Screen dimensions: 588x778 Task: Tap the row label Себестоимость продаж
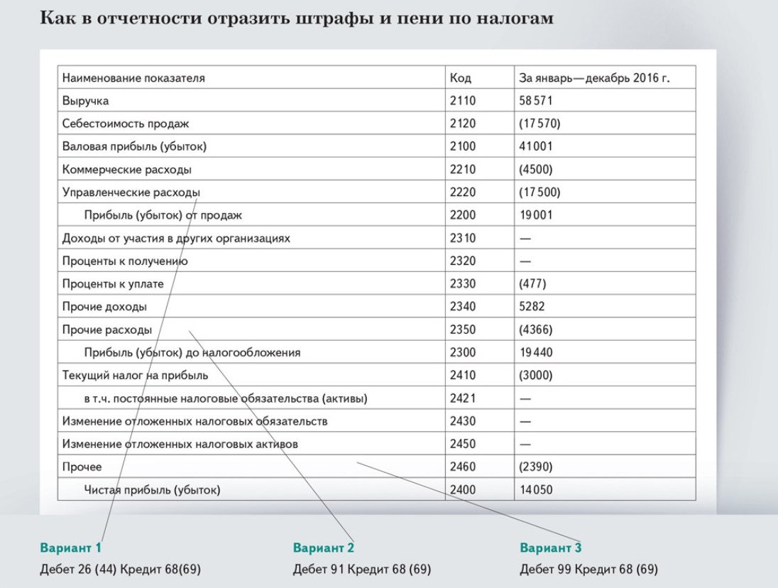[126, 124]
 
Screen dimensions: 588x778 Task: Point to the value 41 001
[536, 146]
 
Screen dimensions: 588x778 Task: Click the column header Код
[460, 78]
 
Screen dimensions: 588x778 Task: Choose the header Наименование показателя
[133, 78]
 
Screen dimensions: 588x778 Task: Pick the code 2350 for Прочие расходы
[463, 330]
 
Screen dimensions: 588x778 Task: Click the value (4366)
[536, 330]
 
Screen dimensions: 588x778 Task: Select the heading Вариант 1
[71, 548]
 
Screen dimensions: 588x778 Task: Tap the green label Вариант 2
[323, 548]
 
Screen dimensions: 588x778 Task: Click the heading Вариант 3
[551, 548]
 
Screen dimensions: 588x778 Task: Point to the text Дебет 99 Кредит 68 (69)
[588, 570]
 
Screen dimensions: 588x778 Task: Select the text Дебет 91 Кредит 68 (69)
[361, 570]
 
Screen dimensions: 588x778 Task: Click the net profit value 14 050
[536, 489]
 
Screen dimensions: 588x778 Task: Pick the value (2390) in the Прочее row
[536, 467]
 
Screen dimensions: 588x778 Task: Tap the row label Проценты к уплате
[113, 284]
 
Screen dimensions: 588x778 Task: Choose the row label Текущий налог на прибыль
[135, 375]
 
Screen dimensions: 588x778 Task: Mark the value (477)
[533, 284]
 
